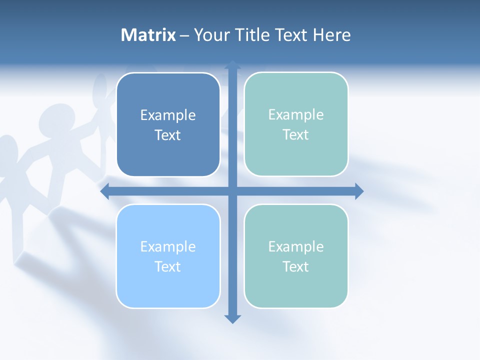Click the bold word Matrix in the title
point(148,35)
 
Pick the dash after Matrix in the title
point(184,35)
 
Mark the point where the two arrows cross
point(232,191)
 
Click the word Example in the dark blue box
point(168,115)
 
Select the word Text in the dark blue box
point(168,135)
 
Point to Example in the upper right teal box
point(296,114)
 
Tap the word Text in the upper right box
point(296,134)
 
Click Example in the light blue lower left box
point(168,246)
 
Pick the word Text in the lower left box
point(168,266)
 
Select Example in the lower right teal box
point(296,246)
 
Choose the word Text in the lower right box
point(296,266)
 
